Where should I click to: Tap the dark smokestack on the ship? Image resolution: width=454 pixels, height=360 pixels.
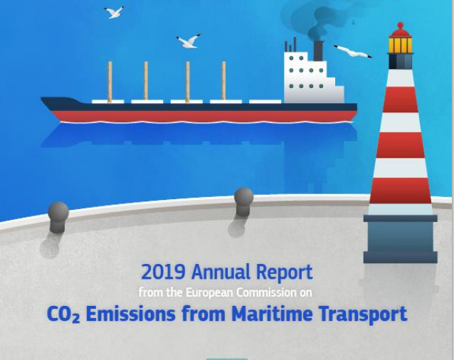[318, 51]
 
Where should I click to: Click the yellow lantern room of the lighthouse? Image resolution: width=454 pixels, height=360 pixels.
[400, 45]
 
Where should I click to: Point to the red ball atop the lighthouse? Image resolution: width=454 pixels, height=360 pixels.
[401, 26]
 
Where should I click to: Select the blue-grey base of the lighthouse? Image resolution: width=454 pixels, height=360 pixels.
[401, 239]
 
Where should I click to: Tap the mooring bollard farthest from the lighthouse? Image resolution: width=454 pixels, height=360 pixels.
[58, 217]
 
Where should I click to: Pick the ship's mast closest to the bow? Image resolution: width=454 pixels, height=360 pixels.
[110, 82]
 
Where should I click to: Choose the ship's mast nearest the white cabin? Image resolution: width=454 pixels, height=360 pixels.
[223, 80]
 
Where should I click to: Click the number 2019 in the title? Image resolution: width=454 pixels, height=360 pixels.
[163, 272]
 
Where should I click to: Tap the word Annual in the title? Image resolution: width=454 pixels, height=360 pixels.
[221, 272]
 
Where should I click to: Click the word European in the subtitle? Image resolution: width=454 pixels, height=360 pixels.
[209, 292]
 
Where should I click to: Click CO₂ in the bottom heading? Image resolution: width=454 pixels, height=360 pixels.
[63, 314]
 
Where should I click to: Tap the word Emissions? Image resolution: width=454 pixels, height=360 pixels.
[131, 314]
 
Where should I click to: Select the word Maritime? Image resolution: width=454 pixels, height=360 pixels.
[272, 314]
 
